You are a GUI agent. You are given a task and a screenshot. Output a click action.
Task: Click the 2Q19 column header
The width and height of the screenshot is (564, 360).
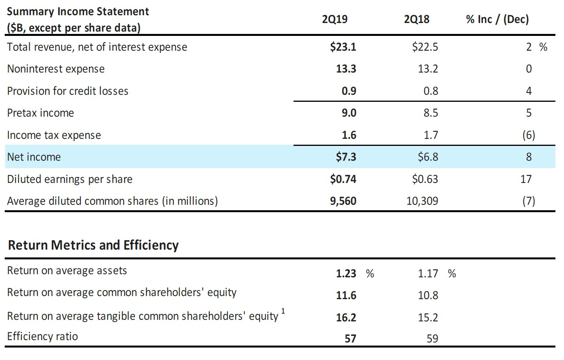(334, 19)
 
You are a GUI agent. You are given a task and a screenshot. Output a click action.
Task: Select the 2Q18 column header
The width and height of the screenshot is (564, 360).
(416, 19)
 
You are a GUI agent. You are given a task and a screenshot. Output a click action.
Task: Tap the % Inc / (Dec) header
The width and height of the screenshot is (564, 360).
(497, 19)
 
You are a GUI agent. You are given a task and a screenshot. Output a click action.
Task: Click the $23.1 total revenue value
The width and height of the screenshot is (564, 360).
(343, 47)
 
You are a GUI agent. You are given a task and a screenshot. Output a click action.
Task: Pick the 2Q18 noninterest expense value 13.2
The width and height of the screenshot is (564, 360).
(428, 69)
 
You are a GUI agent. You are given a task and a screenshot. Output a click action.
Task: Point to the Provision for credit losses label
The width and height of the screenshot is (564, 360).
(68, 91)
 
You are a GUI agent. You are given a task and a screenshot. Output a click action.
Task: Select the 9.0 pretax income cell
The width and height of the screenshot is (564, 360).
(349, 113)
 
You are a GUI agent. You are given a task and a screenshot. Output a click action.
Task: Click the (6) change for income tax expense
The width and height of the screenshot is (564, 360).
(528, 135)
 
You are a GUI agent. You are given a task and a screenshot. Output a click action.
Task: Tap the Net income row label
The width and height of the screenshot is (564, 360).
(34, 157)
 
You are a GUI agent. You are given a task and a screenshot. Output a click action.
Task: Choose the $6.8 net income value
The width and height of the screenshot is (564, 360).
(428, 157)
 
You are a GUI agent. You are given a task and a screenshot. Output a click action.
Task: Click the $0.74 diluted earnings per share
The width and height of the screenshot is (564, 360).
(343, 179)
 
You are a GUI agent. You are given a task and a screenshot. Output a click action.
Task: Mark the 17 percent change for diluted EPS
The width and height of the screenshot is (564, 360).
(526, 179)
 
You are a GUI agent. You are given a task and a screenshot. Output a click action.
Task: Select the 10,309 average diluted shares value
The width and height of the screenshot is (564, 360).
(422, 201)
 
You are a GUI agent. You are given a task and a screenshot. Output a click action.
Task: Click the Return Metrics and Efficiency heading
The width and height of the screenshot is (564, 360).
(93, 245)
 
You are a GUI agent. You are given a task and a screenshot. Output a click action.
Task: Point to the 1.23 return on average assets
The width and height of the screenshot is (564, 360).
(346, 274)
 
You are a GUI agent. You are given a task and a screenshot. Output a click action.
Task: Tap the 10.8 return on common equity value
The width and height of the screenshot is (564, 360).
(428, 296)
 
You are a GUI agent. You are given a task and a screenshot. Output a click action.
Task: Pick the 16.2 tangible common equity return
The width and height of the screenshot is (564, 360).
(346, 318)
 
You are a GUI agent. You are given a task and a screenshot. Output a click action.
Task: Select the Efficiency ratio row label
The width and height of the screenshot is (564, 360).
(43, 337)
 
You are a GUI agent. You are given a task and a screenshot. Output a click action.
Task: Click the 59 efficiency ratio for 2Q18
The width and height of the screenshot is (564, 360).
(432, 339)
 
